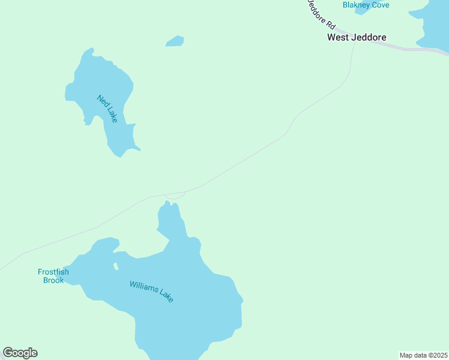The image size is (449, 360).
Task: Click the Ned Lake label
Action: pos(106,109)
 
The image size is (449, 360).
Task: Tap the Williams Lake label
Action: pos(151,291)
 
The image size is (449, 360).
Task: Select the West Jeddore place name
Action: pos(357,37)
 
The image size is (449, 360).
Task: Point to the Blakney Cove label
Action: pos(366,5)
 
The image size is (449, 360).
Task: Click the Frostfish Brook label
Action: pos(53,276)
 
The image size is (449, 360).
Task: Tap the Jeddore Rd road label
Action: pos(321,14)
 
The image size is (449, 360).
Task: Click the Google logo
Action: pos(20,352)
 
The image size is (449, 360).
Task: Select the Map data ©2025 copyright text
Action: pos(423,355)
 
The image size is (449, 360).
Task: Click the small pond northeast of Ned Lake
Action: pos(175,41)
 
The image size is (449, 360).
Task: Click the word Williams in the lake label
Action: pos(142,287)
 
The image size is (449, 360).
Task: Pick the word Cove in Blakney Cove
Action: pos(380,5)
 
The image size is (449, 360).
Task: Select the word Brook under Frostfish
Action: pos(53,280)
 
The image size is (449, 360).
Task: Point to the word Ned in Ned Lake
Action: pos(101,100)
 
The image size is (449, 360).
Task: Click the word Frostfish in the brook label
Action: pos(53,272)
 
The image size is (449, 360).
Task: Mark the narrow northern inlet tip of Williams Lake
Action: pos(168,206)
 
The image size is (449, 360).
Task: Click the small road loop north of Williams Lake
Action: pos(175,196)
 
